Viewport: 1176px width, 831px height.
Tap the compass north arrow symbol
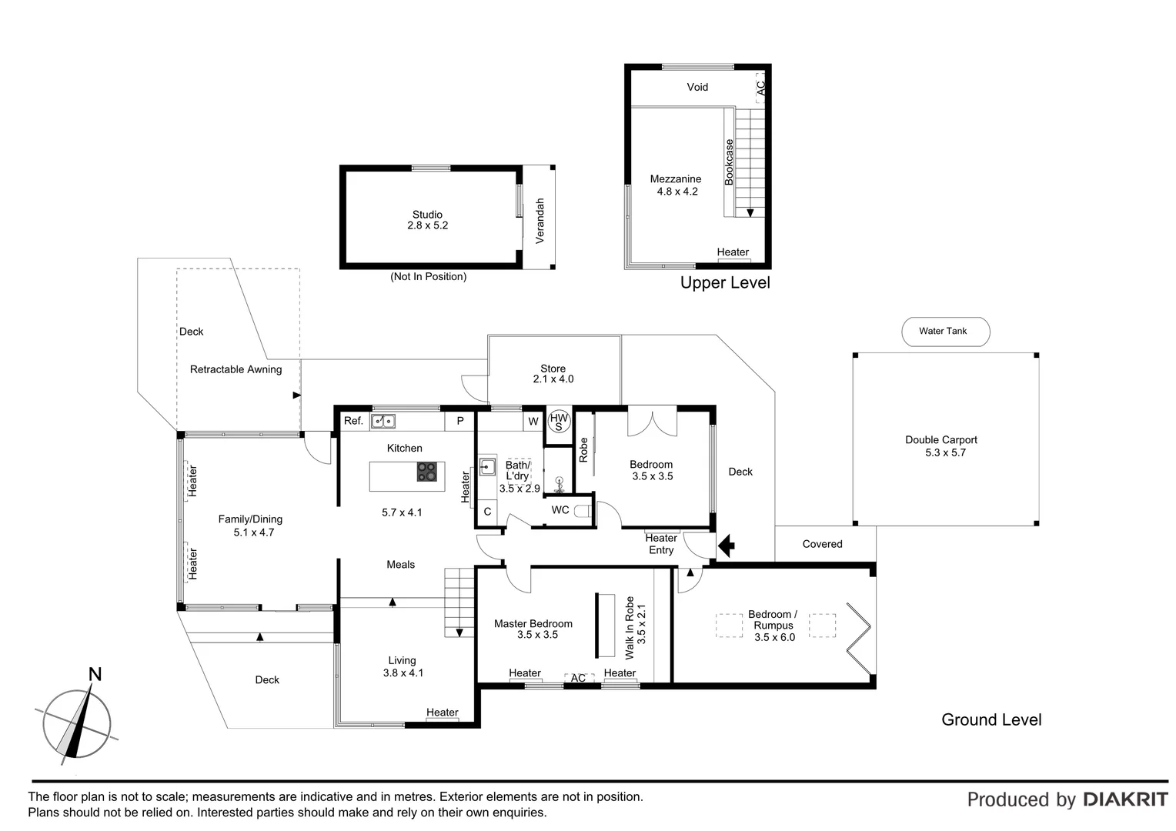[77, 723]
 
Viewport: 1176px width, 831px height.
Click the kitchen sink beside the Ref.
[383, 421]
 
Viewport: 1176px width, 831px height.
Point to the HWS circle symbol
[559, 422]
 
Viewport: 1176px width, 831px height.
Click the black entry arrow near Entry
[726, 546]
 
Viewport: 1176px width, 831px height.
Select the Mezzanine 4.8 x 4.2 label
[676, 185]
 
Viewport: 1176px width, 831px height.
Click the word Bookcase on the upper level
[729, 162]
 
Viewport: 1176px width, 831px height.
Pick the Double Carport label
[941, 446]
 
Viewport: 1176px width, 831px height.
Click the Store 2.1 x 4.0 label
[553, 374]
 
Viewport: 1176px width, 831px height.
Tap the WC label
[560, 510]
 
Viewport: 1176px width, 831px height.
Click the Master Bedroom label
[533, 629]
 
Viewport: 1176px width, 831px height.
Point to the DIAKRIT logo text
[1125, 799]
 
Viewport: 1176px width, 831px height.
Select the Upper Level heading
[725, 282]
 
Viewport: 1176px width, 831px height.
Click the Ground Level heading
[991, 719]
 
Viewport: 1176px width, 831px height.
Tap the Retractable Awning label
[236, 369]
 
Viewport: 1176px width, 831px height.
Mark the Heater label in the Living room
[442, 713]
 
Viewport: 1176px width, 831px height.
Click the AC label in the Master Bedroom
[578, 678]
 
